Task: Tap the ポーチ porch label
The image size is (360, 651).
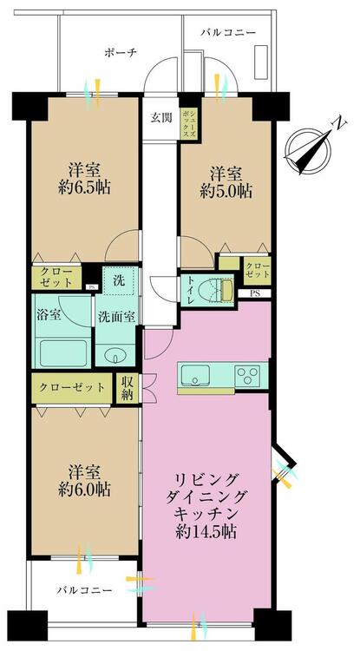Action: click(121, 53)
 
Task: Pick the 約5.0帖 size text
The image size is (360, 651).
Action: click(222, 192)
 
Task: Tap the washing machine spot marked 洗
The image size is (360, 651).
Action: click(120, 279)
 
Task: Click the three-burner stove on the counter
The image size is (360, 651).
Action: click(245, 376)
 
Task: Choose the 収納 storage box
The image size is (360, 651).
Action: click(128, 387)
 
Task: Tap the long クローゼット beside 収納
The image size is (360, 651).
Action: click(74, 387)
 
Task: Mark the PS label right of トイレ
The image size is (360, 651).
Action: click(253, 293)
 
